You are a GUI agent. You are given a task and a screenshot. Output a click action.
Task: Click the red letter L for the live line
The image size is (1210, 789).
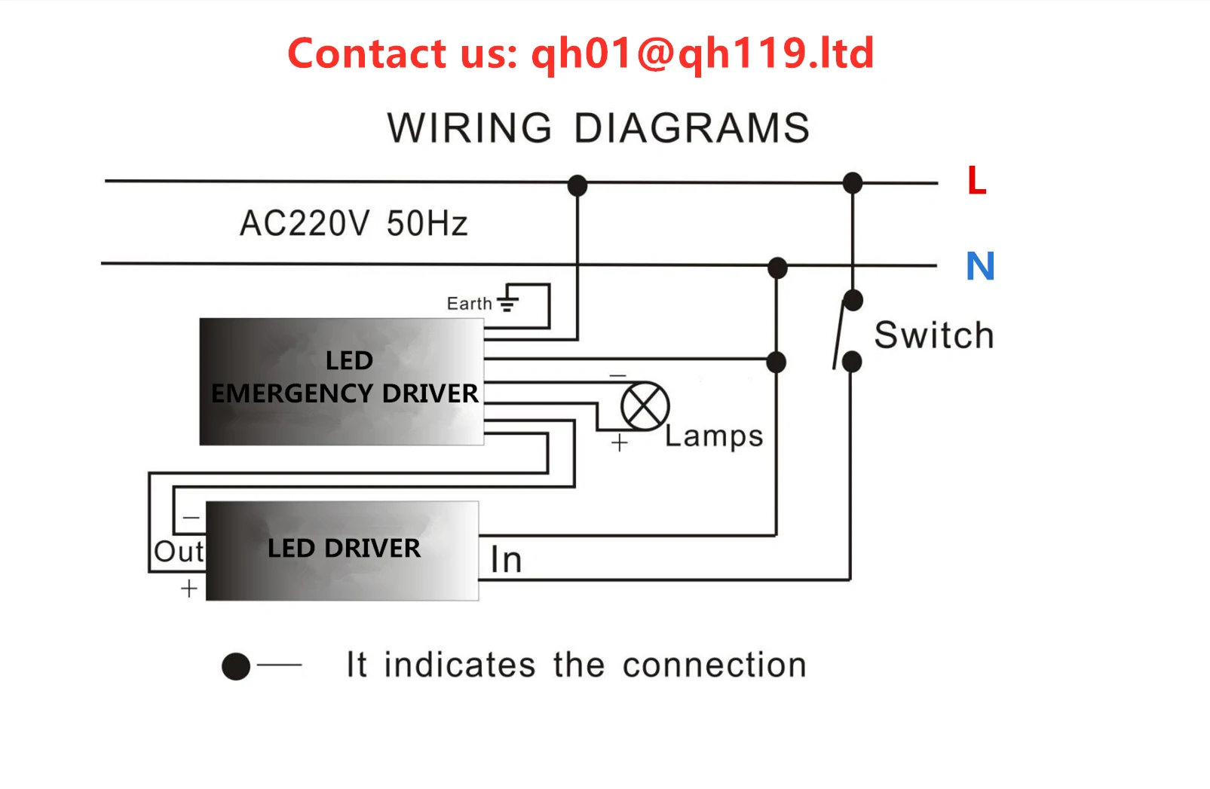[976, 181]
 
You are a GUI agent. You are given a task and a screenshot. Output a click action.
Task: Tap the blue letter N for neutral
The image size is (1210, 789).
[980, 266]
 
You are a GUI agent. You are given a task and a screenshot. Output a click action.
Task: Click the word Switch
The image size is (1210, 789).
[934, 335]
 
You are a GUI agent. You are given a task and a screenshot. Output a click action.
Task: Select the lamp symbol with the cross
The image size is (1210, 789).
[645, 406]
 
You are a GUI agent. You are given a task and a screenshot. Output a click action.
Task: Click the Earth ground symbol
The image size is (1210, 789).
[508, 300]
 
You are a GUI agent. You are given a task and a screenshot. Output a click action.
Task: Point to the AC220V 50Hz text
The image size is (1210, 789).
[354, 224]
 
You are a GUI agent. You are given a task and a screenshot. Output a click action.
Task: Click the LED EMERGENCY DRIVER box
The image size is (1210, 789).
[342, 381]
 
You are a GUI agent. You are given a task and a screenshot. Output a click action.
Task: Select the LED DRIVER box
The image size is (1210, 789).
[342, 551]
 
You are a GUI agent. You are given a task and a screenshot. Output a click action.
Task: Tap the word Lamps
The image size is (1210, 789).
[714, 436]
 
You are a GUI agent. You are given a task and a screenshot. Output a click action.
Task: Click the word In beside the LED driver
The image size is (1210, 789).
[506, 560]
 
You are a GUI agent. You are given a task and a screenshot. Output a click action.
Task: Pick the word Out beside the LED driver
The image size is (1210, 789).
[179, 552]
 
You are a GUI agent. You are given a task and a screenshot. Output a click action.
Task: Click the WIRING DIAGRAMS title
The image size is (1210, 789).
[599, 128]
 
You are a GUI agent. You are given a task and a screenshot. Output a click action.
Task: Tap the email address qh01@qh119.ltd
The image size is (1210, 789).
[703, 54]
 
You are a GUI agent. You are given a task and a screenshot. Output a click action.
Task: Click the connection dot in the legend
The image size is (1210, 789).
[236, 666]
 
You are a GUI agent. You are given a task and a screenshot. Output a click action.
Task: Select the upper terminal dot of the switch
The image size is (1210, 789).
[853, 301]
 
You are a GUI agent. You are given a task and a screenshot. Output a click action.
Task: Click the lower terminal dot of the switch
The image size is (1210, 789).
[852, 362]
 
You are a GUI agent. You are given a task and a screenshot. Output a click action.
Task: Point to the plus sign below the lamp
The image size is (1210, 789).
[619, 442]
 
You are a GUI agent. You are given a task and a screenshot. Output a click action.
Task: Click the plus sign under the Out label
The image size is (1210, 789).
[189, 589]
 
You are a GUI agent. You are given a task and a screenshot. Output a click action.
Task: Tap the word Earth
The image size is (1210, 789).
[469, 304]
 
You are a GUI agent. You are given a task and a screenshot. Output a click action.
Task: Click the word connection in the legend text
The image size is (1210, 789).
[714, 665]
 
